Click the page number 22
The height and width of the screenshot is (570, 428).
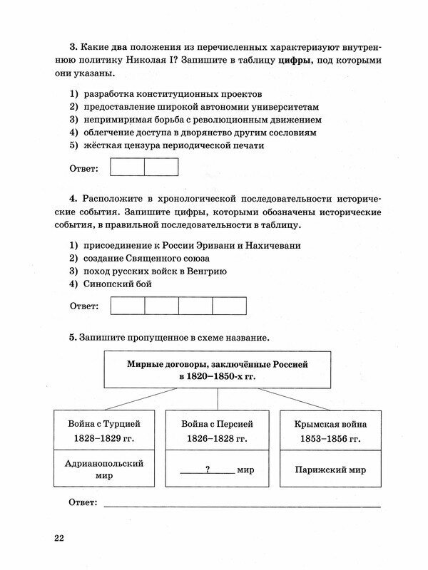pyautogui.click(x=58, y=537)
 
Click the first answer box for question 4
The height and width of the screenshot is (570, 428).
pyautogui.click(x=128, y=306)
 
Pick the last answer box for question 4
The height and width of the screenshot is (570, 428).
pyautogui.click(x=229, y=306)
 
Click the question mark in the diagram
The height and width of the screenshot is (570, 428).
pyautogui.click(x=207, y=470)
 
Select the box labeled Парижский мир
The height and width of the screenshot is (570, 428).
pyautogui.click(x=330, y=470)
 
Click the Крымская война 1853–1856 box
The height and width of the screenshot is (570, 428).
pyautogui.click(x=330, y=430)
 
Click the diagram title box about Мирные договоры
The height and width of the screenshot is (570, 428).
pyautogui.click(x=217, y=368)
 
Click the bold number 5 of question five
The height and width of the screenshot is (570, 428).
pyautogui.click(x=72, y=337)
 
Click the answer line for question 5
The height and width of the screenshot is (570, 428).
pyautogui.click(x=243, y=504)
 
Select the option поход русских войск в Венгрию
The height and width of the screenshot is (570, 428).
pyautogui.click(x=165, y=271)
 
